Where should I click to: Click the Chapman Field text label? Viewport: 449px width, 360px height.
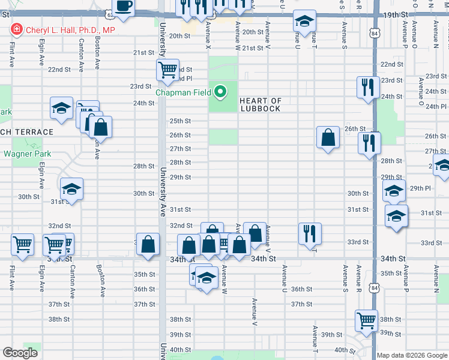coord(184,92)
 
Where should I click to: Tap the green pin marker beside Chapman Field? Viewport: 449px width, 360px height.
coord(220,92)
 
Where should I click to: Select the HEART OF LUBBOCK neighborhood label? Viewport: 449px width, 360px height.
coord(260,104)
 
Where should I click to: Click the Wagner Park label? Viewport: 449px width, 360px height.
coord(28,154)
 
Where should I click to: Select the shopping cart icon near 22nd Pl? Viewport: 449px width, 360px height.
coord(167,70)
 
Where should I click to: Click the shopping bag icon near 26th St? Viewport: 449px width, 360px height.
coord(328,137)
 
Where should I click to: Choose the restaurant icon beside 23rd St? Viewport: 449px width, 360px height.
coord(366,87)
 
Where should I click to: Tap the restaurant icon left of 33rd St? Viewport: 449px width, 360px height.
coord(310,233)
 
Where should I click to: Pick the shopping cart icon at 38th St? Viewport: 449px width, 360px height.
coord(366,320)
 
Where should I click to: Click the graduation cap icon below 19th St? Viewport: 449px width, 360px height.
coord(304,22)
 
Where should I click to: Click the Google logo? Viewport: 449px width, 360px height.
coord(20,353)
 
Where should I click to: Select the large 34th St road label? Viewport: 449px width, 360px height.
coord(264,259)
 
